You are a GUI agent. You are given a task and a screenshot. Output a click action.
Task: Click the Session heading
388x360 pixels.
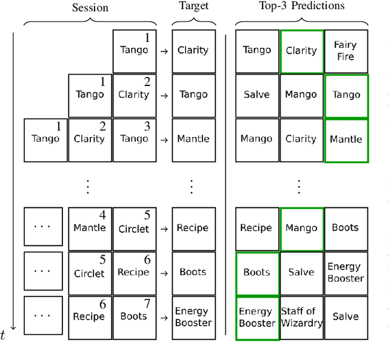(90, 8)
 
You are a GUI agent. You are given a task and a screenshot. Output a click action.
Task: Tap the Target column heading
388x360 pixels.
(193, 6)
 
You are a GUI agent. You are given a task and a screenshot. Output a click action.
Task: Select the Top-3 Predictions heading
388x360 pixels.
(301, 6)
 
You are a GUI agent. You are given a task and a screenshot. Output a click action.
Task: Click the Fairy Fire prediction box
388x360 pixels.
(346, 51)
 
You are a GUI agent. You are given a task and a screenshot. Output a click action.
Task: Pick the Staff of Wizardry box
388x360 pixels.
(301, 317)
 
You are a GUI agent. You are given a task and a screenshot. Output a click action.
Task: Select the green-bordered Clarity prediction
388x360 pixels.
(301, 51)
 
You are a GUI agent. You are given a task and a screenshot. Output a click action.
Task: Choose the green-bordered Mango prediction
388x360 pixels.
(301, 228)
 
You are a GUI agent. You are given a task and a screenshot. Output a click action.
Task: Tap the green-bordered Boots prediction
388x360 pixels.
(256, 273)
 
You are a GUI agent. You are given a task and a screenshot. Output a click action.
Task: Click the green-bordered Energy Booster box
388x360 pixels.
(256, 317)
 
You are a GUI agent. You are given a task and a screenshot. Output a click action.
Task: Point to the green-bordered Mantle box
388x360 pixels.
(346, 139)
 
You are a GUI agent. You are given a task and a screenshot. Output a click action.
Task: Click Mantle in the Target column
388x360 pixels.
(193, 139)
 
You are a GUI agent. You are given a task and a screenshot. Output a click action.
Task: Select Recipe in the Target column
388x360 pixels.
(193, 228)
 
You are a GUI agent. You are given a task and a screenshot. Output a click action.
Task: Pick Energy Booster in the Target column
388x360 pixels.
(193, 317)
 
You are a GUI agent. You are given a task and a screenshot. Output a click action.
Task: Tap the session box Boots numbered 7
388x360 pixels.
(134, 317)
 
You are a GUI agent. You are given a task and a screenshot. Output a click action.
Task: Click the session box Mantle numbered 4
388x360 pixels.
(90, 228)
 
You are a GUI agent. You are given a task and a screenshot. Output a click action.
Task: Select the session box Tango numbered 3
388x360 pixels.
(134, 139)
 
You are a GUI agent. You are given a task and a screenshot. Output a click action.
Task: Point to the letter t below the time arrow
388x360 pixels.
(3, 335)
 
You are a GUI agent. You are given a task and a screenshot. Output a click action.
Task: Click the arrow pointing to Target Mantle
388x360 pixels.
(164, 140)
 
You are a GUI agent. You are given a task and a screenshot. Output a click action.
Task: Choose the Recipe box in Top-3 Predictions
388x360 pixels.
(256, 228)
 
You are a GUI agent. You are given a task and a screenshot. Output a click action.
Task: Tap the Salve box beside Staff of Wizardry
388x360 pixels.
(346, 317)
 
